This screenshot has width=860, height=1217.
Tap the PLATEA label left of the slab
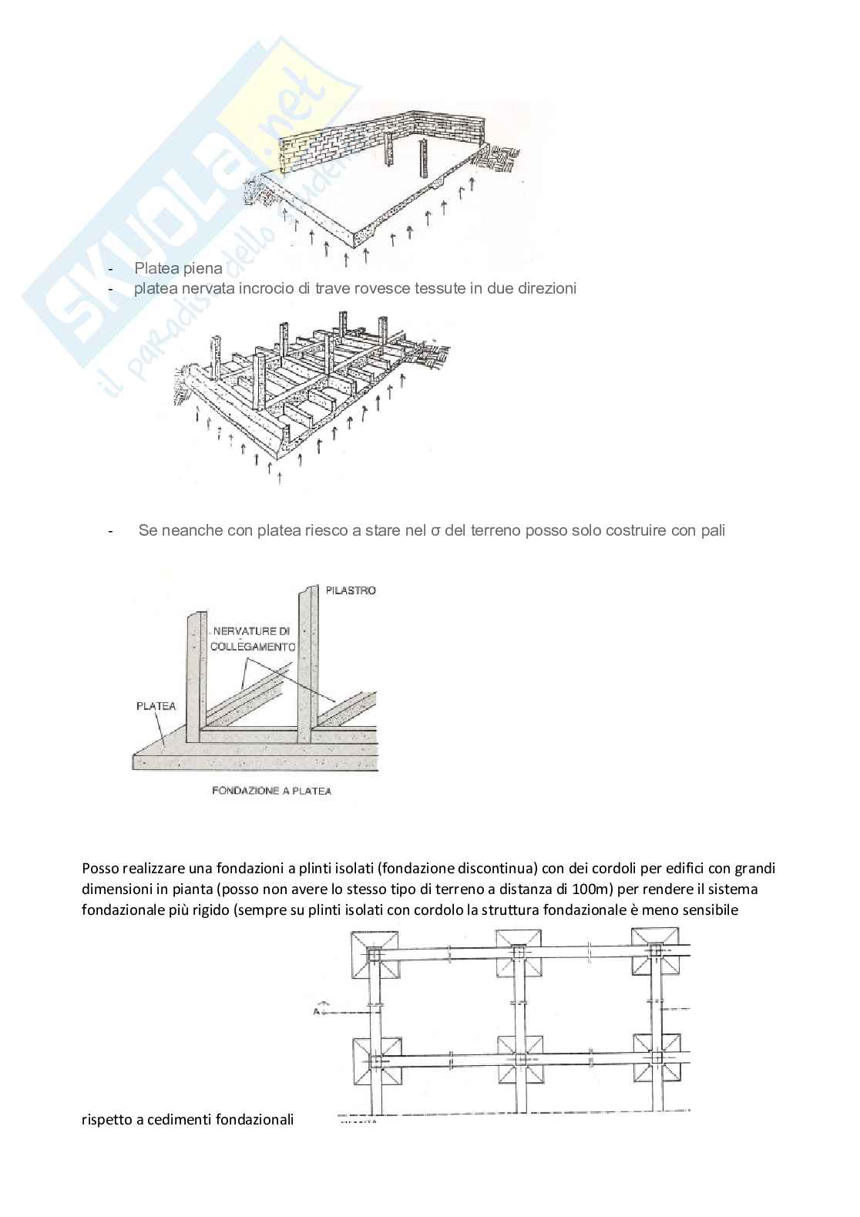156,705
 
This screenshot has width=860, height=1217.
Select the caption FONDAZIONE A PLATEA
271,791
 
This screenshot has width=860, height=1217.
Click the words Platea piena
178,268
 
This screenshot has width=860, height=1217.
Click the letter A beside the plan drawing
316,1010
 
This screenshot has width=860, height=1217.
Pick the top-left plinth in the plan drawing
375,953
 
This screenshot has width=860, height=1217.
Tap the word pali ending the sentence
711,531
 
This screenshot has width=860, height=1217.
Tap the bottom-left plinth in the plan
375,1060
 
